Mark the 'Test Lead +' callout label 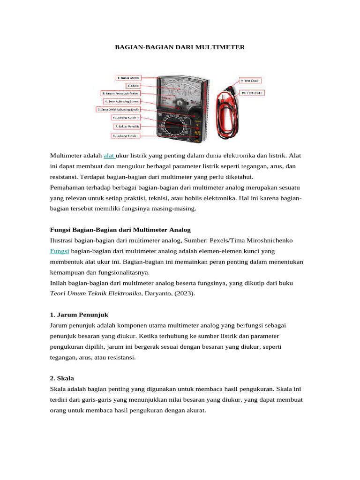click(252, 93)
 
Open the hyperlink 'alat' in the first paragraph click(109, 155)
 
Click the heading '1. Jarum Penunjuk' click(79, 314)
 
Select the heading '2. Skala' click(62, 378)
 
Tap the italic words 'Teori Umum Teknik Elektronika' click(95, 293)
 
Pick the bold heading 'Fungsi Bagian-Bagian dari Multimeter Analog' click(120, 230)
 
